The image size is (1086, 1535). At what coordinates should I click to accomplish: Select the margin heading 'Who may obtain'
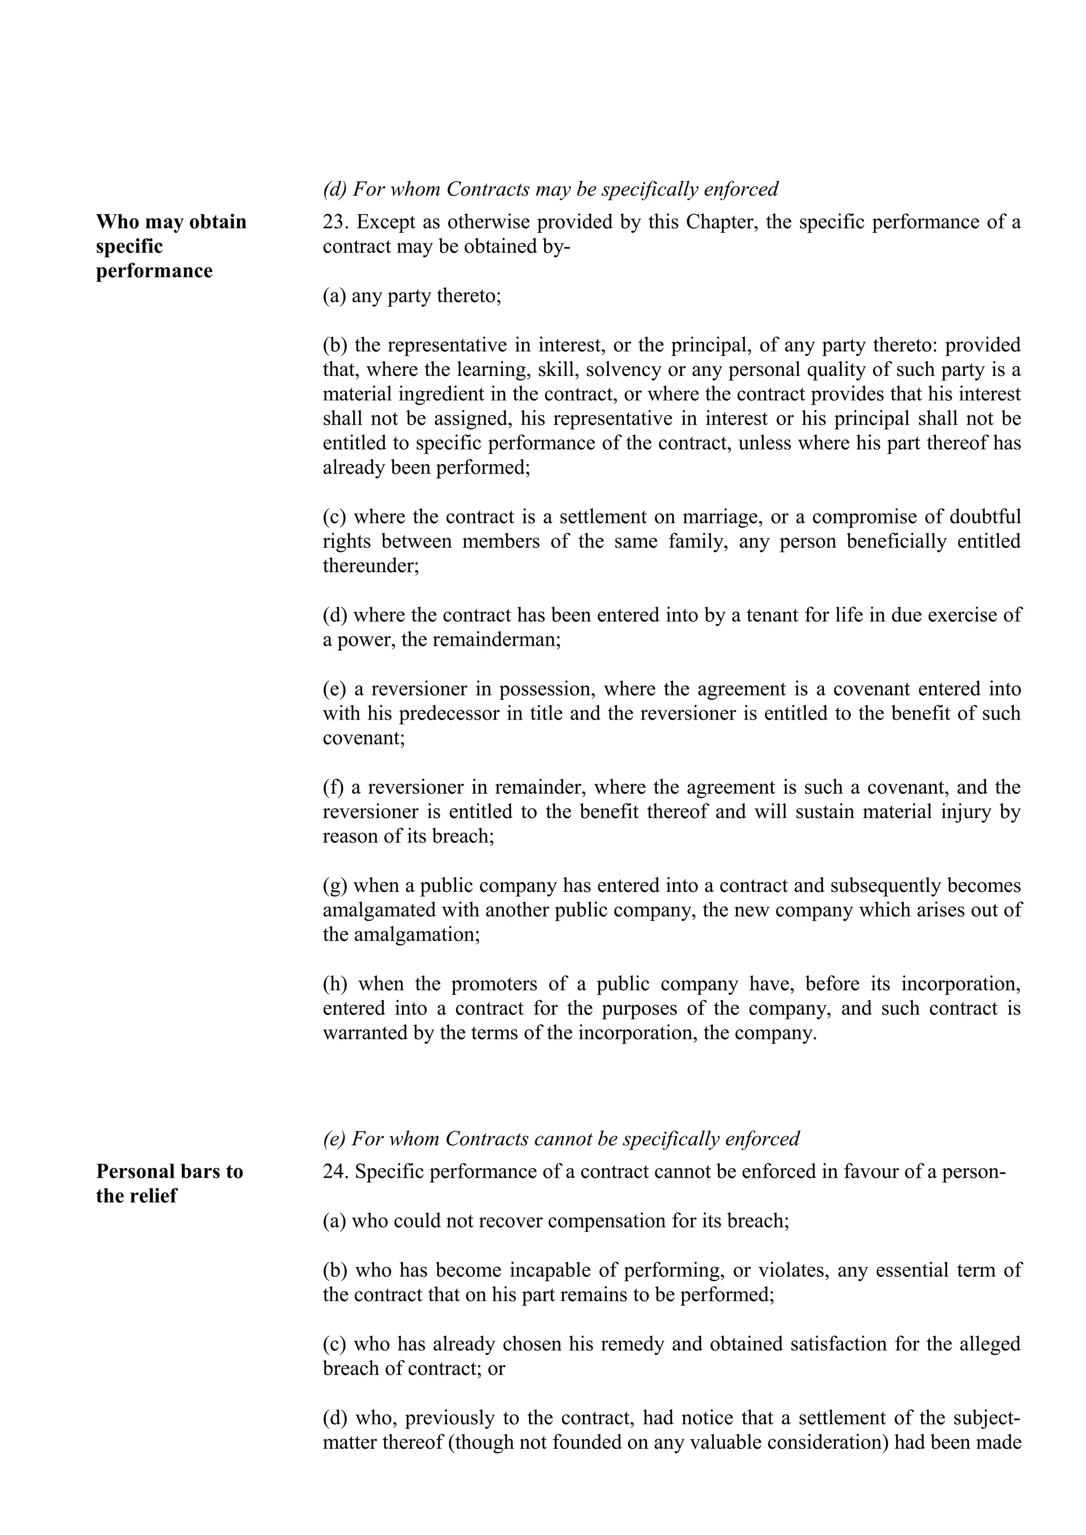pos(171,222)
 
